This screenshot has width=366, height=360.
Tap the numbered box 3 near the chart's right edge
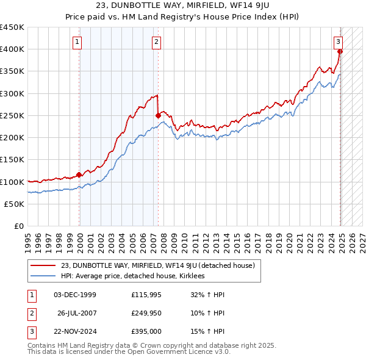338,41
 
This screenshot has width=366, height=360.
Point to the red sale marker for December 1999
79,175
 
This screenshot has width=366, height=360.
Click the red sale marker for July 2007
158,115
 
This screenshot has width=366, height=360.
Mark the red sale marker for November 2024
340,51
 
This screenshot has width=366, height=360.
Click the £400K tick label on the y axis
12,49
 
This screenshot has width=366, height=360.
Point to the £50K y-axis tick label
15,204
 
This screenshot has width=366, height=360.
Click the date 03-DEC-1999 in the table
75,295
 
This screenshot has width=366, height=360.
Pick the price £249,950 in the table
146,313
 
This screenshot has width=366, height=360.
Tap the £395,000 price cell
146,331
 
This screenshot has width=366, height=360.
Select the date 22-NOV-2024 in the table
75,331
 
